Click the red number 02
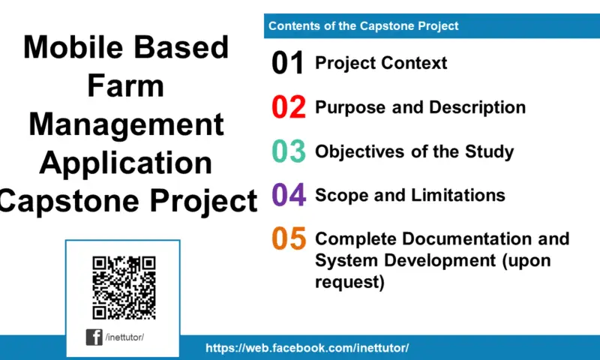289,108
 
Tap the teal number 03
289,151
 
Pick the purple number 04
289,196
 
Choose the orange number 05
289,239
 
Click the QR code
124,288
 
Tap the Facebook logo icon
94,337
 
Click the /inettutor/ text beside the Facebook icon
124,337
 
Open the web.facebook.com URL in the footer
307,349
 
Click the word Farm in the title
125,86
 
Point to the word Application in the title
125,163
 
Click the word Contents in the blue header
293,26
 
